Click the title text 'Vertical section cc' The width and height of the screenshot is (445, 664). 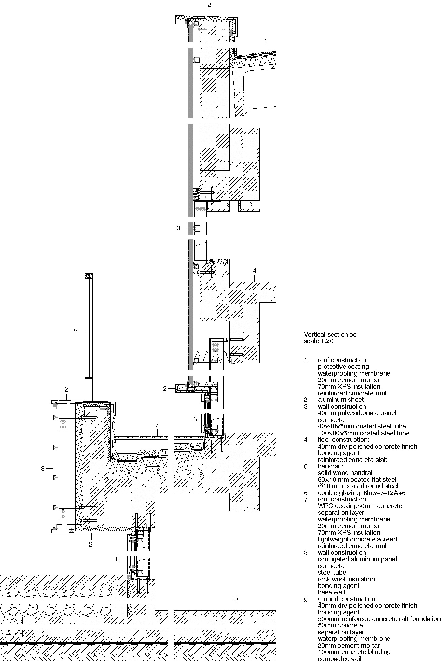tap(330, 335)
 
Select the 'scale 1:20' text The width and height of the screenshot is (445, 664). tap(319, 341)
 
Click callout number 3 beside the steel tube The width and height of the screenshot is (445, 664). tap(178, 228)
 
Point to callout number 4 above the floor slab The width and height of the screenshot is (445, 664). tap(254, 271)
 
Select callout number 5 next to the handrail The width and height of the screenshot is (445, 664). tap(76, 330)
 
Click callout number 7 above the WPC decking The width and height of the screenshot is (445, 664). tap(157, 425)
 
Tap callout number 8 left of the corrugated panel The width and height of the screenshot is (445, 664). tap(43, 469)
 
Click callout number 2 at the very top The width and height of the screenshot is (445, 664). tap(209, 5)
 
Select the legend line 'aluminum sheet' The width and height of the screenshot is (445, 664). tap(340, 399)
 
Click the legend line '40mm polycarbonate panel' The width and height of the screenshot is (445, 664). tap(357, 413)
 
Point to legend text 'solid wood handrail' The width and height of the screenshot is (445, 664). tap(346, 473)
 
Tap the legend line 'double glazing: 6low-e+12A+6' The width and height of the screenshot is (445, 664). tap(361, 493)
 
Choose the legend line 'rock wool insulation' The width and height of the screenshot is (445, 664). tap(346, 579)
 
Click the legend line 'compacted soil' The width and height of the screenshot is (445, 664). tap(339, 659)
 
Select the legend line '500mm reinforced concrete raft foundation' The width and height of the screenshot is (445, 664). tap(379, 619)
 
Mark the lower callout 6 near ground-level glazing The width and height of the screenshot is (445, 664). tap(117, 559)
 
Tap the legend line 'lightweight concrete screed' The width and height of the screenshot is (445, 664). tap(357, 539)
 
